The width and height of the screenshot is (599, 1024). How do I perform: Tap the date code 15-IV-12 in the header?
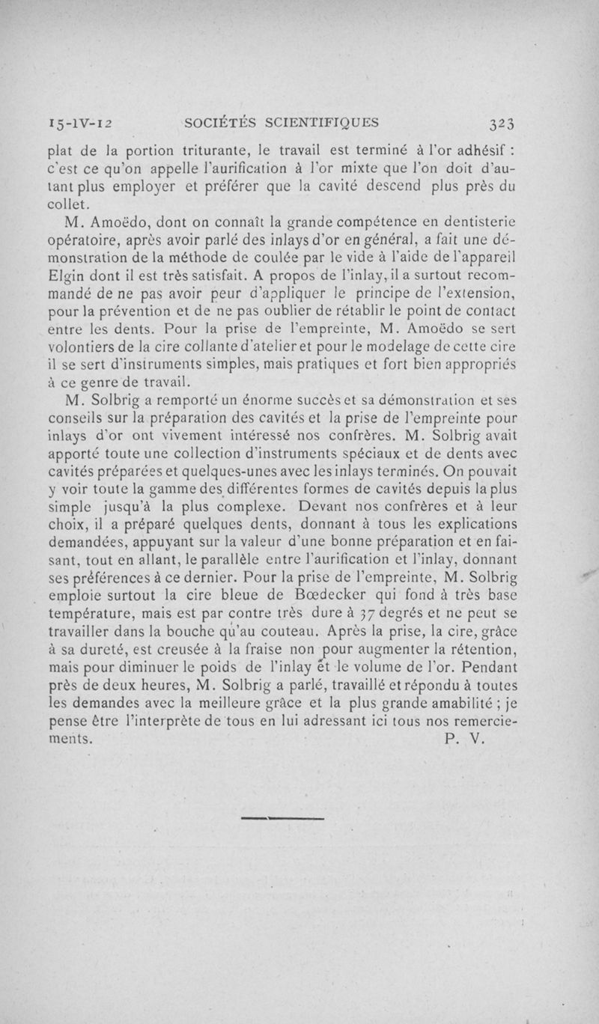pos(79,123)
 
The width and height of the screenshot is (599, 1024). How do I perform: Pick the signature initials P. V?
pos(465,739)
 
